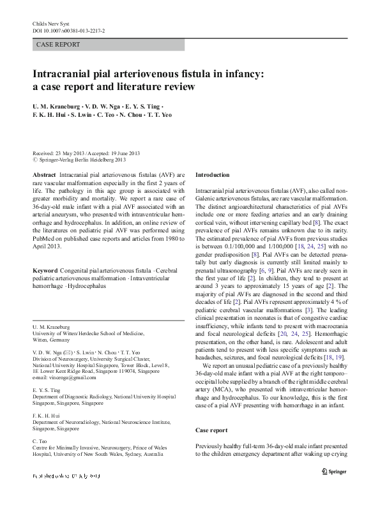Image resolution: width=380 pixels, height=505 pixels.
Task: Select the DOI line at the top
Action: tap(68, 29)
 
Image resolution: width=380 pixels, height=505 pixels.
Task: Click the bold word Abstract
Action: tap(43, 174)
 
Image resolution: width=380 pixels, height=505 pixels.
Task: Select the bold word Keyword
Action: tap(45, 271)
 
